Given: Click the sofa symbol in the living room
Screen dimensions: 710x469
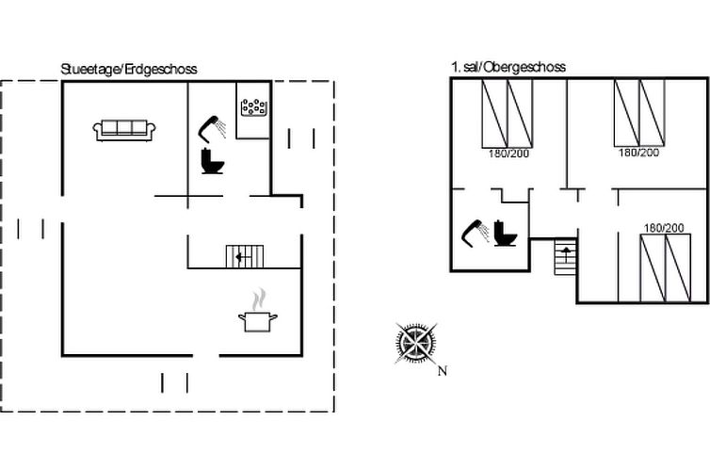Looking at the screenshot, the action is [124, 130].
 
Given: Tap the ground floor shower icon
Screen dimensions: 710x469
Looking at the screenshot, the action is [212, 129].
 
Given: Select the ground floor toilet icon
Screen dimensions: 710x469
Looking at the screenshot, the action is [213, 161].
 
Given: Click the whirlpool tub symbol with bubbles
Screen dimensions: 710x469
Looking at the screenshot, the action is [253, 107].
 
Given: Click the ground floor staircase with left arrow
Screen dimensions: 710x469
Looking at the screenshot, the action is [245, 257].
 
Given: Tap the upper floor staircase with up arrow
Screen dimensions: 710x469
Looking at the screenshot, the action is [566, 257].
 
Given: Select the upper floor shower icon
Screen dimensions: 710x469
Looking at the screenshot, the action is [475, 234].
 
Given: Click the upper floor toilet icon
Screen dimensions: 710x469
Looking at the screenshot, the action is [505, 234].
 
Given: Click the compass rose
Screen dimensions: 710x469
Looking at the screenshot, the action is [416, 343].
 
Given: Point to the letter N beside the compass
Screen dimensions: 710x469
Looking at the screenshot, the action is [443, 371].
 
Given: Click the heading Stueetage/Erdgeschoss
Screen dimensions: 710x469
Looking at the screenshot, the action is [129, 69].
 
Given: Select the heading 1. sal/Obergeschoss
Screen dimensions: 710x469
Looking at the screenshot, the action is [508, 67].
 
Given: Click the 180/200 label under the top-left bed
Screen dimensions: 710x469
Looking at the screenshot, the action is [508, 154].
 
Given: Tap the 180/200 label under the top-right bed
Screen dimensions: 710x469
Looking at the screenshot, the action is [639, 153].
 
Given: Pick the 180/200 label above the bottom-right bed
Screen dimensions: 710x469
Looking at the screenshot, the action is [664, 228].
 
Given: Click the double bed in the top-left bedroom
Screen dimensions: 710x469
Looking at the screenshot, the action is [508, 114].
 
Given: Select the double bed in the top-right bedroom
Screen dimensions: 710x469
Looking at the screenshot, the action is [639, 113].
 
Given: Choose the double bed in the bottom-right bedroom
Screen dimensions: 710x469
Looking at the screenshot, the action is [666, 268].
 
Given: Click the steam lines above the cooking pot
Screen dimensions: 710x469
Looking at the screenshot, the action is [259, 299].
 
